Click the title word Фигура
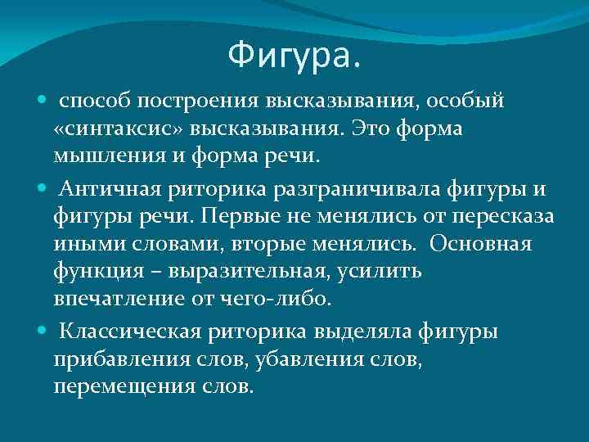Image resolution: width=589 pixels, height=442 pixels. (293, 56)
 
